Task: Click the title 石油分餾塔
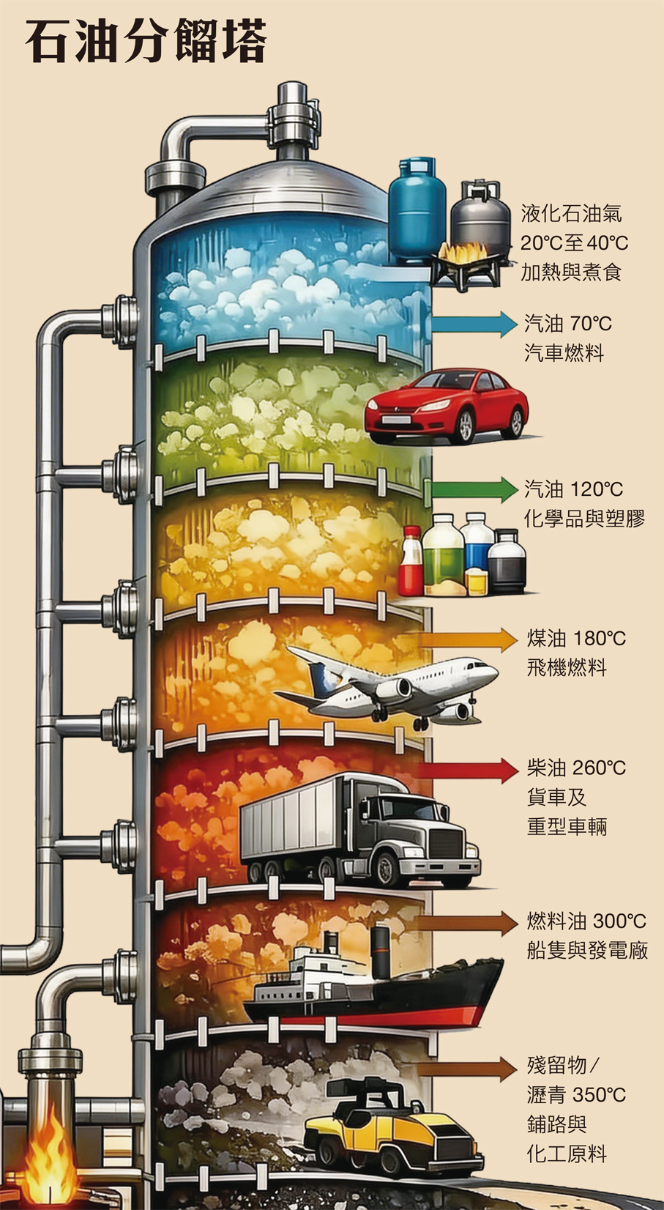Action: click(146, 42)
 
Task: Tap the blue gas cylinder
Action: click(417, 212)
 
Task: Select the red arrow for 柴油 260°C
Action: click(469, 770)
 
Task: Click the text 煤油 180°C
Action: click(576, 638)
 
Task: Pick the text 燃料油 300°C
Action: click(586, 921)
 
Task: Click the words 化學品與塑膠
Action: click(583, 519)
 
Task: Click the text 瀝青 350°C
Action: click(576, 1094)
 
